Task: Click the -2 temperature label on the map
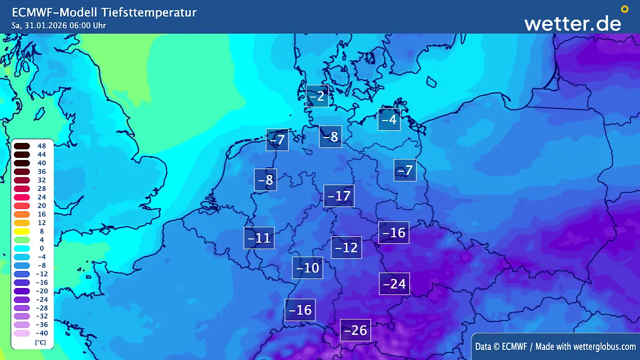[317, 96]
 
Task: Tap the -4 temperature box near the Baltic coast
[389, 119]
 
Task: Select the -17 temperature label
[338, 196]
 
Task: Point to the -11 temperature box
[259, 238]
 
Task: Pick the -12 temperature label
[346, 247]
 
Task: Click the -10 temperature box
[307, 268]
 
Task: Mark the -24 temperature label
[394, 284]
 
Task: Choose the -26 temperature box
[355, 330]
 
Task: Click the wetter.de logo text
[572, 23]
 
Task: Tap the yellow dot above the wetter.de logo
[625, 9]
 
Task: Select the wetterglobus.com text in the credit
[604, 347]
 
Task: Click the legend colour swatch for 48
[22, 146]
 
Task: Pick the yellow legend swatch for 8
[22, 231]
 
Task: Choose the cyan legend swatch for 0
[22, 248]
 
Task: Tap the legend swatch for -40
[22, 333]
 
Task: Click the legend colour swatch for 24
[22, 197]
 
